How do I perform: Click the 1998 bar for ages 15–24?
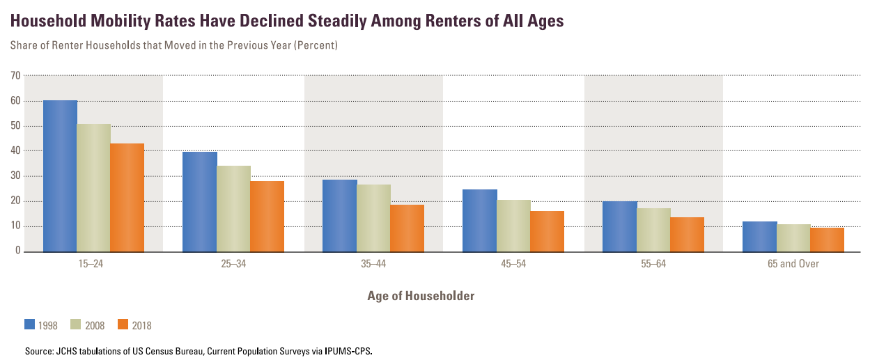click(x=60, y=175)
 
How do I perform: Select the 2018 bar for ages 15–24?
click(x=127, y=197)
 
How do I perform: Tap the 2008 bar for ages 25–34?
click(x=233, y=208)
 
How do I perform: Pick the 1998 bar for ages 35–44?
click(x=339, y=215)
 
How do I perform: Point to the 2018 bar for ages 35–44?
click(x=407, y=228)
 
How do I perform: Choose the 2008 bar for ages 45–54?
click(x=513, y=226)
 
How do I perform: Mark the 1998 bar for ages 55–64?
click(x=620, y=226)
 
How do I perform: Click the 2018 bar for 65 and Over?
click(x=827, y=240)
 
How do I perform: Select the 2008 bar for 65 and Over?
click(x=793, y=237)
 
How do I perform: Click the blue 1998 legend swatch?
click(x=30, y=324)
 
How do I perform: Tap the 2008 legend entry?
click(x=93, y=324)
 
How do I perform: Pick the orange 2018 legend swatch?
click(x=123, y=324)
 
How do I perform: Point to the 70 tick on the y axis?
click(x=15, y=75)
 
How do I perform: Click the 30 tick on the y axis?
click(x=15, y=176)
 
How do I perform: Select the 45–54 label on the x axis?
click(x=513, y=265)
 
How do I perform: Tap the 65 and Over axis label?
click(x=793, y=265)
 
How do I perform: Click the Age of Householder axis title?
click(x=421, y=296)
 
